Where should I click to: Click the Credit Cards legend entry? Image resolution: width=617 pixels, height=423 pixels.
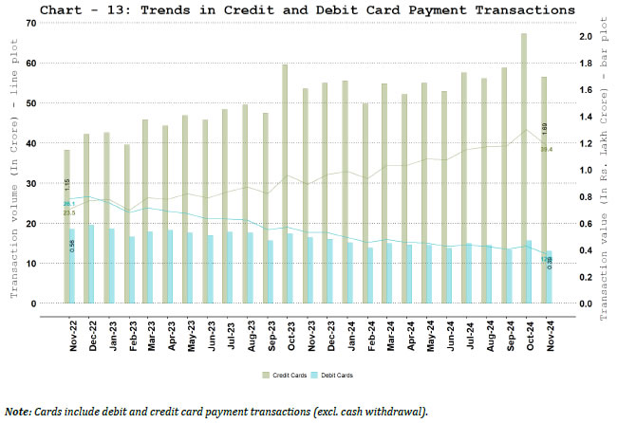285,376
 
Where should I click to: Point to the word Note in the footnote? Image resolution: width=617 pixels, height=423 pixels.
16,411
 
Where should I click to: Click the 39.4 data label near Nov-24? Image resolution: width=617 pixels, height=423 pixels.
547,149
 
